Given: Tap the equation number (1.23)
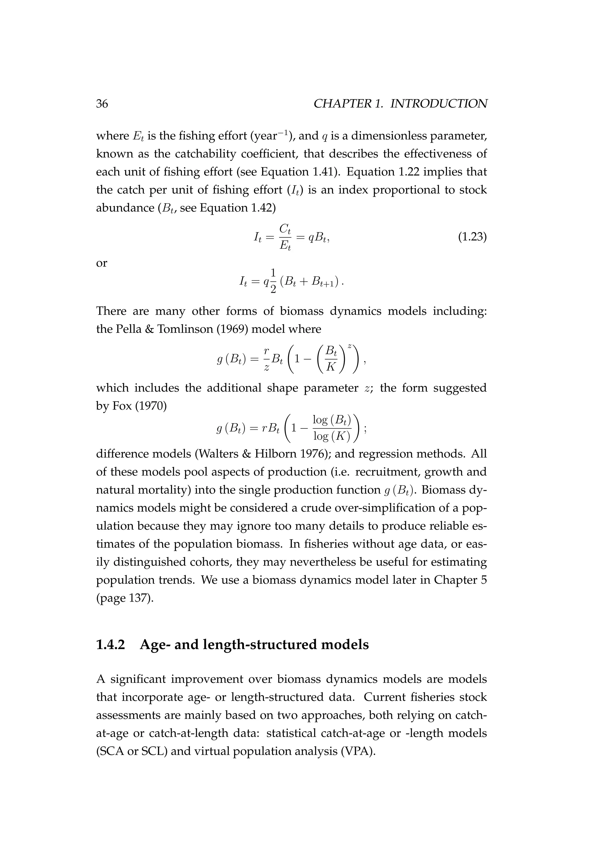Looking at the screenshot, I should click(472, 237).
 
